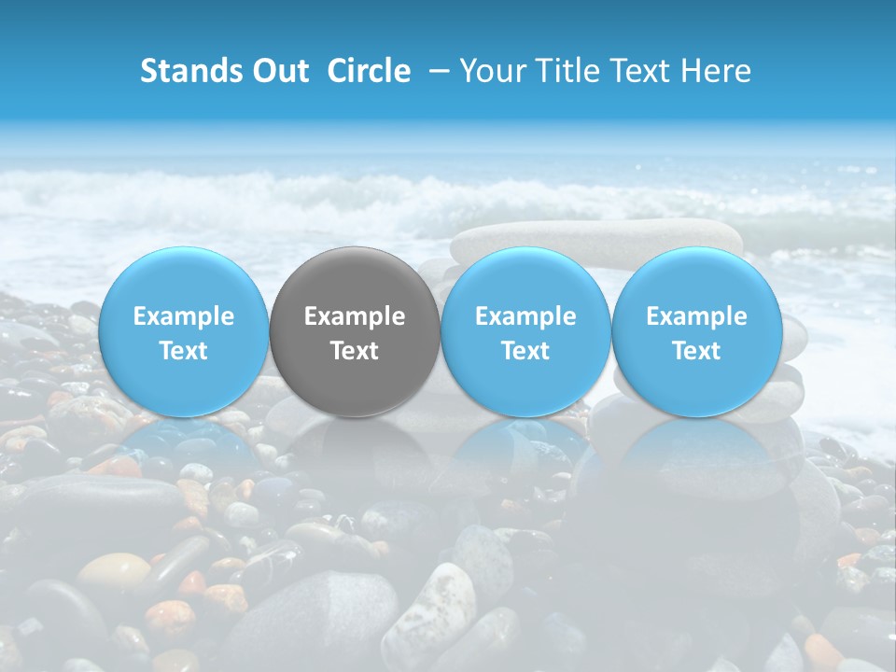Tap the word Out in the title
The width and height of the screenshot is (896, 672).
coord(281,71)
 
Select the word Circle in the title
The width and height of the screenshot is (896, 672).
coord(369,71)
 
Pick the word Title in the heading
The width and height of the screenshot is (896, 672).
coord(568,71)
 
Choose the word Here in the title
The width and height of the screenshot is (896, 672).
coord(718,71)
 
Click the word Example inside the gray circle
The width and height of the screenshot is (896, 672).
coord(355,316)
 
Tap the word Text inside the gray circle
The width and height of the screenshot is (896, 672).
coord(355,351)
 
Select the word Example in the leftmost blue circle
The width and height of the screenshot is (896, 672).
coord(184,316)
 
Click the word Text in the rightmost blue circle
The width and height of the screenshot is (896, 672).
coord(696,351)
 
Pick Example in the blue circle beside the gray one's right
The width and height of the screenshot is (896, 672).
coord(525,316)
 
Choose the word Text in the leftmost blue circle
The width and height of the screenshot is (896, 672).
coord(184,351)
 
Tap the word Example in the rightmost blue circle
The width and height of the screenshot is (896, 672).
coord(696,316)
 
